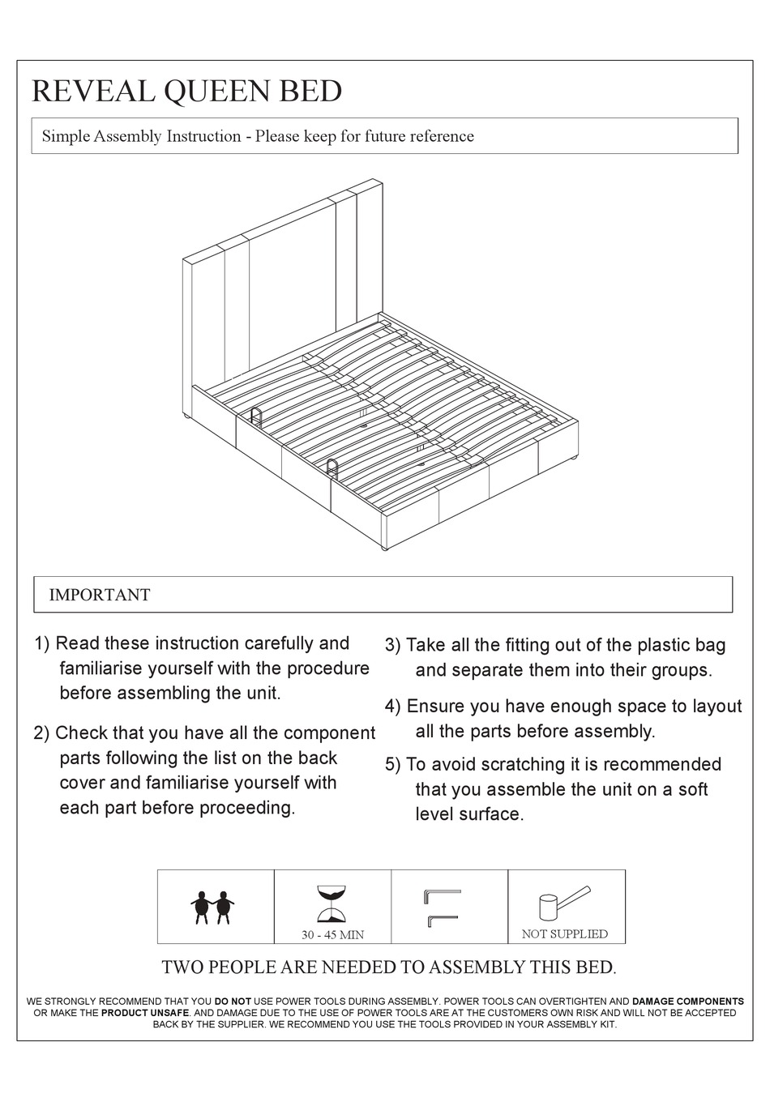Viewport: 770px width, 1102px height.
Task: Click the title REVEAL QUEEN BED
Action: point(186,91)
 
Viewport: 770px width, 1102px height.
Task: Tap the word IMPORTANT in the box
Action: point(100,595)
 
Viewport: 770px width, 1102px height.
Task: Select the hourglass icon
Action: point(332,904)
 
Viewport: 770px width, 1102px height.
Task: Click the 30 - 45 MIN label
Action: point(332,934)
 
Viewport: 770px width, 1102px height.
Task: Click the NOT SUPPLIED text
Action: point(564,933)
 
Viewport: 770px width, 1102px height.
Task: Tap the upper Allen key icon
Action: point(441,895)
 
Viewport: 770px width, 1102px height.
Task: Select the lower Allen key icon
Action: point(441,920)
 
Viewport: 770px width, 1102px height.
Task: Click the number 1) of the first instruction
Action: point(41,643)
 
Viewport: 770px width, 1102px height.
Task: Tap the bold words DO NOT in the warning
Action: point(233,1002)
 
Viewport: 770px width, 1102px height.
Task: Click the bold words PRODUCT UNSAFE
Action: point(144,1013)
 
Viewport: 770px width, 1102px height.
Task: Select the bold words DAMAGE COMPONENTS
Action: point(687,1002)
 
